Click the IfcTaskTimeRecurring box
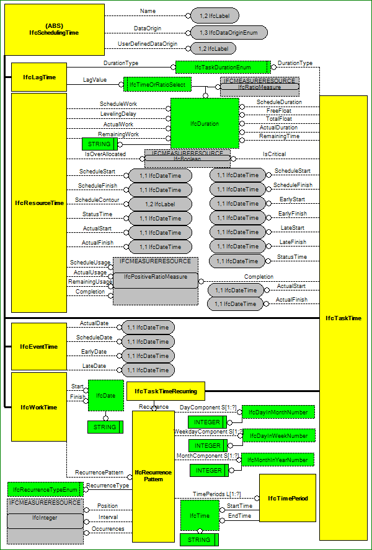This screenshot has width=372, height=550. click(166, 391)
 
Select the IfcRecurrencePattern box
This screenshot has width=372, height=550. click(153, 475)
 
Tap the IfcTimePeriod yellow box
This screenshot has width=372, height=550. click(287, 497)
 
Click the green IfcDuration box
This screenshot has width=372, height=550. click(205, 123)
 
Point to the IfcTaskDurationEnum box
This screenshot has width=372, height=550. click(222, 67)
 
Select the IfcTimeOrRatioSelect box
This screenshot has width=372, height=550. click(158, 84)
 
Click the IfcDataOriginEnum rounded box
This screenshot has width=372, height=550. click(229, 32)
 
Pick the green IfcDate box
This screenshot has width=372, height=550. click(105, 395)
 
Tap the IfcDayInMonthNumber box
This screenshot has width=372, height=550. click(278, 412)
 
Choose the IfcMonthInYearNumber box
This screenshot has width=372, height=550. click(277, 460)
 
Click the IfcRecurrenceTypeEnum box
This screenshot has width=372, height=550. click(45, 489)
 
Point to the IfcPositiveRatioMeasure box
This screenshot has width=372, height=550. click(155, 276)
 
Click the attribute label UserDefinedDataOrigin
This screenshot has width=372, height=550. click(148, 44)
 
